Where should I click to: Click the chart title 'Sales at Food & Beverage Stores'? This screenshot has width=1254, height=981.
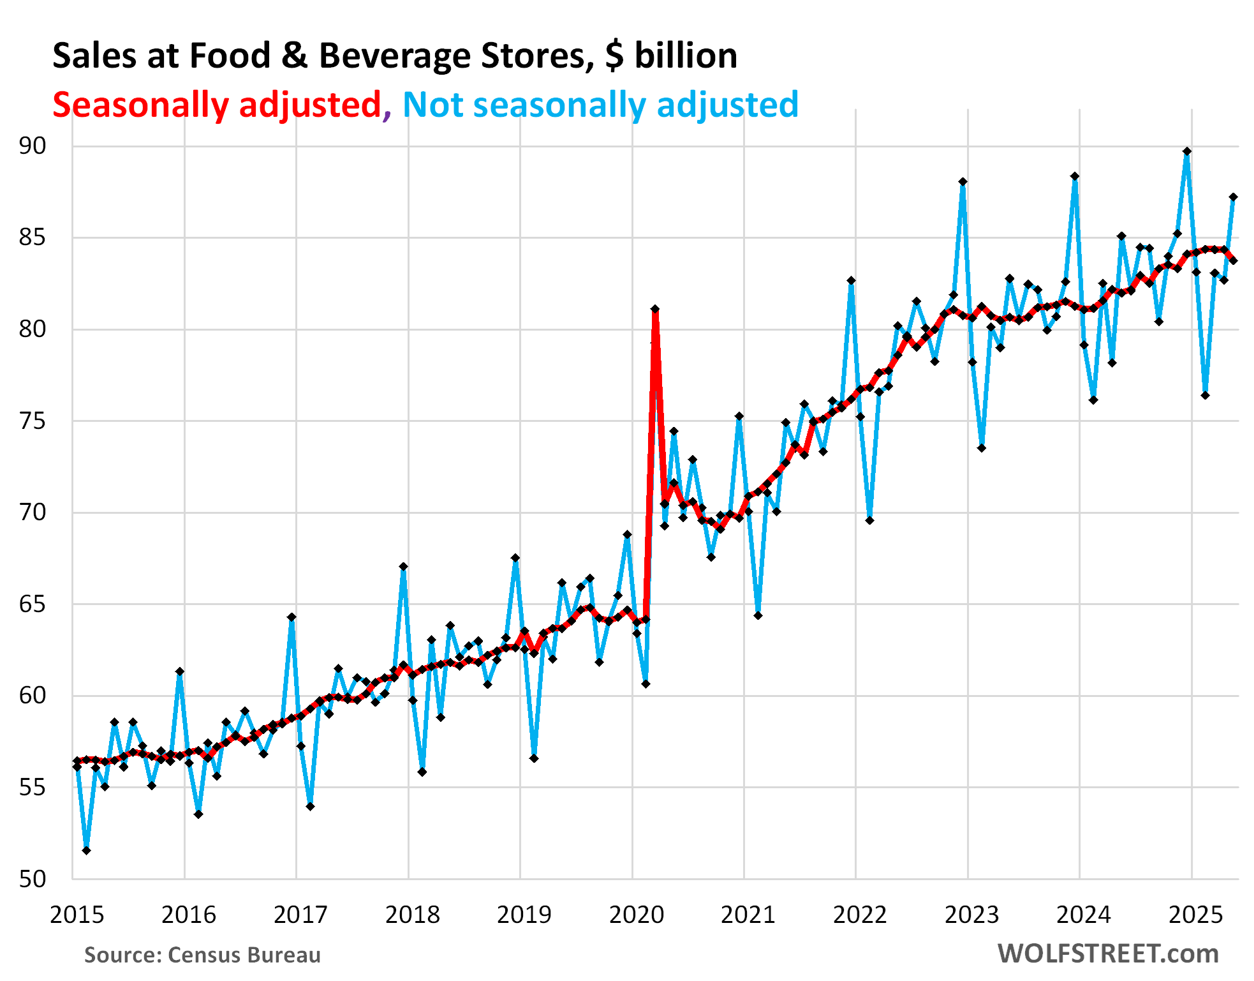pyautogui.click(x=394, y=56)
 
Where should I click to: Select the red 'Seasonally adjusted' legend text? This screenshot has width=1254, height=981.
pyautogui.click(x=216, y=105)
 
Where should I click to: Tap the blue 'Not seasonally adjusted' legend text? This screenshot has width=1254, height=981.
pyautogui.click(x=600, y=105)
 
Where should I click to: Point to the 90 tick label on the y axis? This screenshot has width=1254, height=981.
pyautogui.click(x=33, y=146)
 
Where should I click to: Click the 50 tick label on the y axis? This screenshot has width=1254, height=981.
pyautogui.click(x=33, y=879)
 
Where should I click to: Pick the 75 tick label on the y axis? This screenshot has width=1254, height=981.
pyautogui.click(x=33, y=421)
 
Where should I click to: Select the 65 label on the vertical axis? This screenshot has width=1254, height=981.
pyautogui.click(x=33, y=604)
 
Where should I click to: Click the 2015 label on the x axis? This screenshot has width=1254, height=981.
pyautogui.click(x=77, y=915)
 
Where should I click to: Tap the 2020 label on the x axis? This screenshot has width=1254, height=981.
pyautogui.click(x=636, y=915)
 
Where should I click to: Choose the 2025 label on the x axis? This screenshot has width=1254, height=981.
pyautogui.click(x=1195, y=915)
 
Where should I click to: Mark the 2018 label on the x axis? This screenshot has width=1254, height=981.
pyautogui.click(x=412, y=915)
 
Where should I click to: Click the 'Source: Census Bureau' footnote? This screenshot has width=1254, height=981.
pyautogui.click(x=202, y=955)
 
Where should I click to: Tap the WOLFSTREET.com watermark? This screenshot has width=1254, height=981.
pyautogui.click(x=1108, y=954)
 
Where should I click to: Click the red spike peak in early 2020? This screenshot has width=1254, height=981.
pyautogui.click(x=655, y=310)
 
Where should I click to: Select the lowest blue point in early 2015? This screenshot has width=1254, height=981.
pyautogui.click(x=86, y=850)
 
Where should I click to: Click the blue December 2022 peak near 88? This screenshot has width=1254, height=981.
pyautogui.click(x=963, y=182)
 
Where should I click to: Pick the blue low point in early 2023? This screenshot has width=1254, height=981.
pyautogui.click(x=982, y=448)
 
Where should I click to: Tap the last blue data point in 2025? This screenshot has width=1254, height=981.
pyautogui.click(x=1234, y=197)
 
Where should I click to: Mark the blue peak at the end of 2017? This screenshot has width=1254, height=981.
pyautogui.click(x=403, y=567)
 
